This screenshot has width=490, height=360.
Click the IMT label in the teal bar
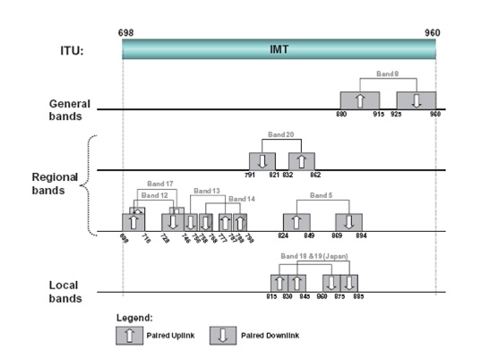(x=279, y=52)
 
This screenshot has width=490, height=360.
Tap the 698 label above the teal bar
(x=125, y=32)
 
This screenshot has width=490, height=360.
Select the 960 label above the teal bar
(x=434, y=32)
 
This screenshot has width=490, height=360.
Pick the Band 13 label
(x=206, y=191)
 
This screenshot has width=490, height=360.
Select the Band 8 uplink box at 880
(x=359, y=100)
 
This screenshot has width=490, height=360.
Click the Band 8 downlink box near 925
(x=416, y=100)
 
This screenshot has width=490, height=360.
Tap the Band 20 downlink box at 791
(x=262, y=161)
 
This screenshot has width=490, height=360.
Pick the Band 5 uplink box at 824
(x=297, y=222)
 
